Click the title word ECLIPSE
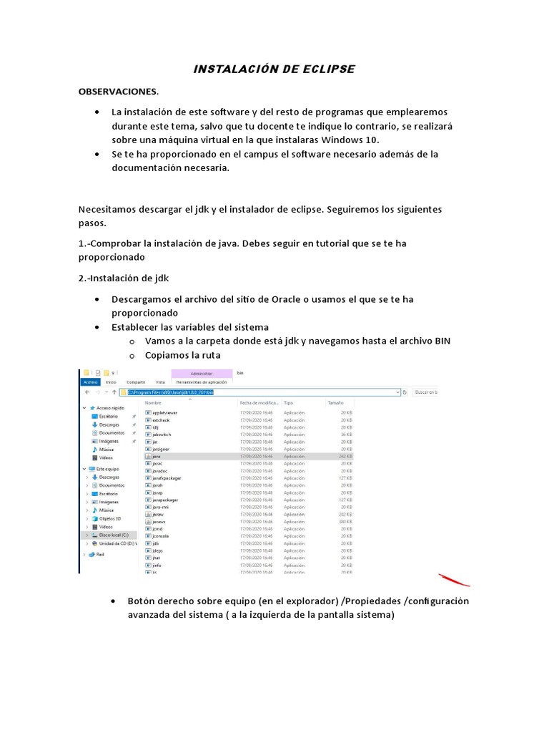point(324,69)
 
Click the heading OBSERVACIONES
point(118,92)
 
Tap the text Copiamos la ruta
point(182,354)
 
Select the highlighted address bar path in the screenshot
point(170,392)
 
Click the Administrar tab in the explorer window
point(202,374)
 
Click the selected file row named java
point(157,456)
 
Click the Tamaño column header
point(335,403)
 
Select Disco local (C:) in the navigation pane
point(113,534)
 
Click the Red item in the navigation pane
point(100,553)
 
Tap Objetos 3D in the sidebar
point(109,518)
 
